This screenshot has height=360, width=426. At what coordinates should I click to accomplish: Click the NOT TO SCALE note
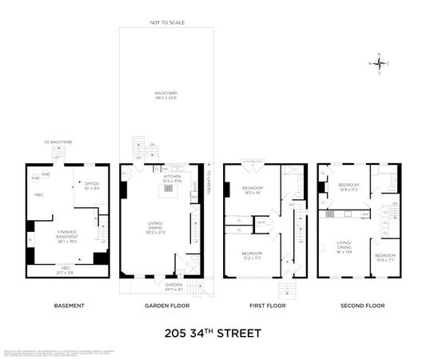167,22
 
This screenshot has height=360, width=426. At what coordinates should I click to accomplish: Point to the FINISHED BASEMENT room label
66,236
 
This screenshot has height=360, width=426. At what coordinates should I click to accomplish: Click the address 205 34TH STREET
213,333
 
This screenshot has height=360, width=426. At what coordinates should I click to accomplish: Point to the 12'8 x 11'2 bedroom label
350,187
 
